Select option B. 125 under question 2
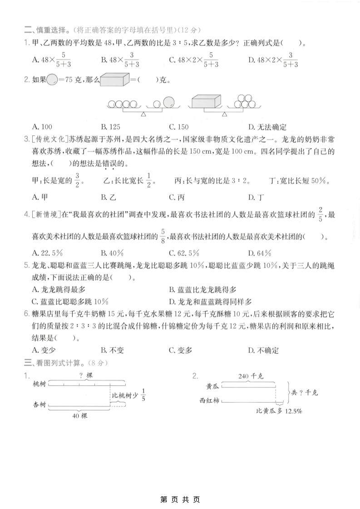[111, 127]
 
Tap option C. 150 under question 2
[178, 127]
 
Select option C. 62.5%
[183, 253]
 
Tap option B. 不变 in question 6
[113, 350]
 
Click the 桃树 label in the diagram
[39, 384]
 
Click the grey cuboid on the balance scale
[206, 101]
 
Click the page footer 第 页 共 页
[180, 500]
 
